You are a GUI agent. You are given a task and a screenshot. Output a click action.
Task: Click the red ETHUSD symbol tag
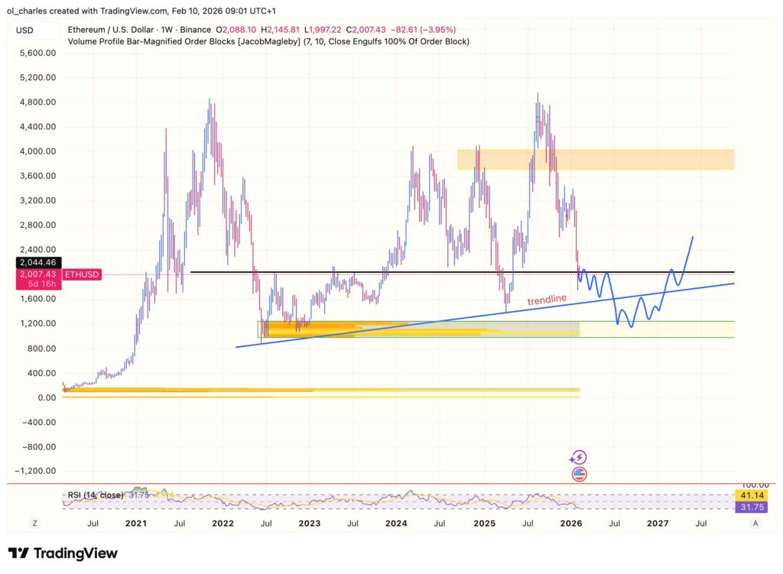point(80,274)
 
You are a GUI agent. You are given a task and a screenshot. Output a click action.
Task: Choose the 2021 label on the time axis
point(135,524)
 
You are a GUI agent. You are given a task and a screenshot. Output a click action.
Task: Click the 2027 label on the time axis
point(658,524)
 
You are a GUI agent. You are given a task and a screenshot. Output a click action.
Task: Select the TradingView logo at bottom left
point(63,553)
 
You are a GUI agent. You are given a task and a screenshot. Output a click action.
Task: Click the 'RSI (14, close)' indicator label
point(93,495)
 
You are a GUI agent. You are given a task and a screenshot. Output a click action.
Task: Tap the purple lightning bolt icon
point(579,458)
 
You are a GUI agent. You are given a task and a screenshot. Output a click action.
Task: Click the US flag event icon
point(579,474)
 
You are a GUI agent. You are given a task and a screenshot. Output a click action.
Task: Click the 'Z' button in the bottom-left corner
point(34,524)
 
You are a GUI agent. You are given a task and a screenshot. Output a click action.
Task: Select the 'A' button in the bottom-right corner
point(755,524)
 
